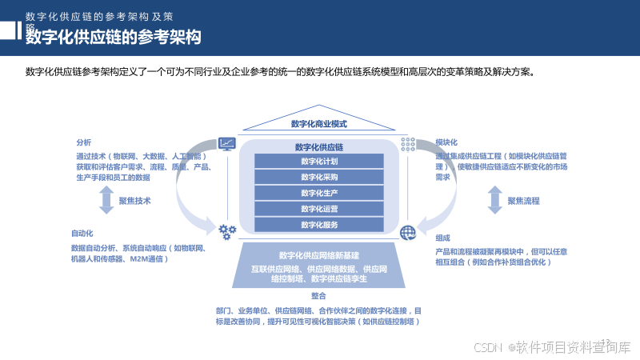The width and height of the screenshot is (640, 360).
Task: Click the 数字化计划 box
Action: pyautogui.click(x=319, y=160)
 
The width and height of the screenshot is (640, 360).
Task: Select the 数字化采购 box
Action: pyautogui.click(x=319, y=176)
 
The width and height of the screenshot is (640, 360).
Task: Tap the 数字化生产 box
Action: pyautogui.click(x=319, y=192)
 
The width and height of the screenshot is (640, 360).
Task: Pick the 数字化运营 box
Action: pyautogui.click(x=319, y=208)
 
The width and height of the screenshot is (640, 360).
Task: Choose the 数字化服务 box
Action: pyautogui.click(x=319, y=224)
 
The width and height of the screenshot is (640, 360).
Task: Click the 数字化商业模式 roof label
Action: pyautogui.click(x=319, y=124)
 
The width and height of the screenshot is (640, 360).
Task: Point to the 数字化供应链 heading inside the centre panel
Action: pyautogui.click(x=319, y=146)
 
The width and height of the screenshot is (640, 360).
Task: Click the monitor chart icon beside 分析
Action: pyautogui.click(x=227, y=143)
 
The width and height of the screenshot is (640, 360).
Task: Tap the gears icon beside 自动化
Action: pyautogui.click(x=227, y=232)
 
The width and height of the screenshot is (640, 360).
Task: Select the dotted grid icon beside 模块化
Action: pyautogui.click(x=408, y=143)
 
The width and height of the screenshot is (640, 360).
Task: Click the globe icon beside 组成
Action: pyautogui.click(x=408, y=233)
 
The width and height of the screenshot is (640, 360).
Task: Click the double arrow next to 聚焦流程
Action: pyautogui.click(x=495, y=200)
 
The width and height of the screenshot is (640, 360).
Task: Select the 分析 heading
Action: pyautogui.click(x=84, y=142)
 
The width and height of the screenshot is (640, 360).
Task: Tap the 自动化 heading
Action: pyautogui.click(x=83, y=234)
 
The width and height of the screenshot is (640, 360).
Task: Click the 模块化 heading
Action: pyautogui.click(x=446, y=142)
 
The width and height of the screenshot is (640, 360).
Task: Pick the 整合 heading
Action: pyautogui.click(x=319, y=296)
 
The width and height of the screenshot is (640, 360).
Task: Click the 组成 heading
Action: pyautogui.click(x=442, y=238)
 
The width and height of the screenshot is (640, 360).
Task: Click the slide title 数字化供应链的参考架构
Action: pyautogui.click(x=113, y=37)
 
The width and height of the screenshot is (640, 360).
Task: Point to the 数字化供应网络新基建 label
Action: pyautogui.click(x=319, y=254)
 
